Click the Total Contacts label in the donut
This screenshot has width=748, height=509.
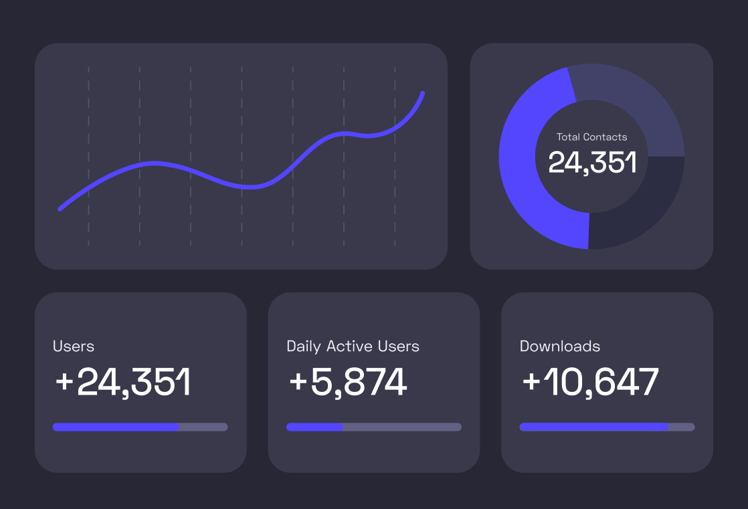pyautogui.click(x=591, y=137)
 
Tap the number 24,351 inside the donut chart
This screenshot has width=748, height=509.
pyautogui.click(x=591, y=163)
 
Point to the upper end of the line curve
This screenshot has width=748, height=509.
pyautogui.click(x=422, y=94)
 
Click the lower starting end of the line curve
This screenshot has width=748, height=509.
pyautogui.click(x=61, y=209)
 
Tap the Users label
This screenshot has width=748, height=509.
pyautogui.click(x=74, y=346)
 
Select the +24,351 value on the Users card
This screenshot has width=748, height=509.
pyautogui.click(x=123, y=383)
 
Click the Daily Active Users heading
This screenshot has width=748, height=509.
pyautogui.click(x=353, y=346)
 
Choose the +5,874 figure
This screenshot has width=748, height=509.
pyautogui.click(x=348, y=383)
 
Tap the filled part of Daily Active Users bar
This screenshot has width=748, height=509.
pyautogui.click(x=314, y=427)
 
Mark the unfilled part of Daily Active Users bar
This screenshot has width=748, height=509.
pyautogui.click(x=401, y=427)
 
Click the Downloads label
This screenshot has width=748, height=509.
pyautogui.click(x=560, y=346)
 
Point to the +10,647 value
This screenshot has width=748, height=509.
pyautogui.click(x=590, y=383)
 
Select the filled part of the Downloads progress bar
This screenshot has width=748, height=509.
pyautogui.click(x=593, y=427)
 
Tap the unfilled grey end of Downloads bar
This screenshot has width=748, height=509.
pyautogui.click(x=682, y=427)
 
